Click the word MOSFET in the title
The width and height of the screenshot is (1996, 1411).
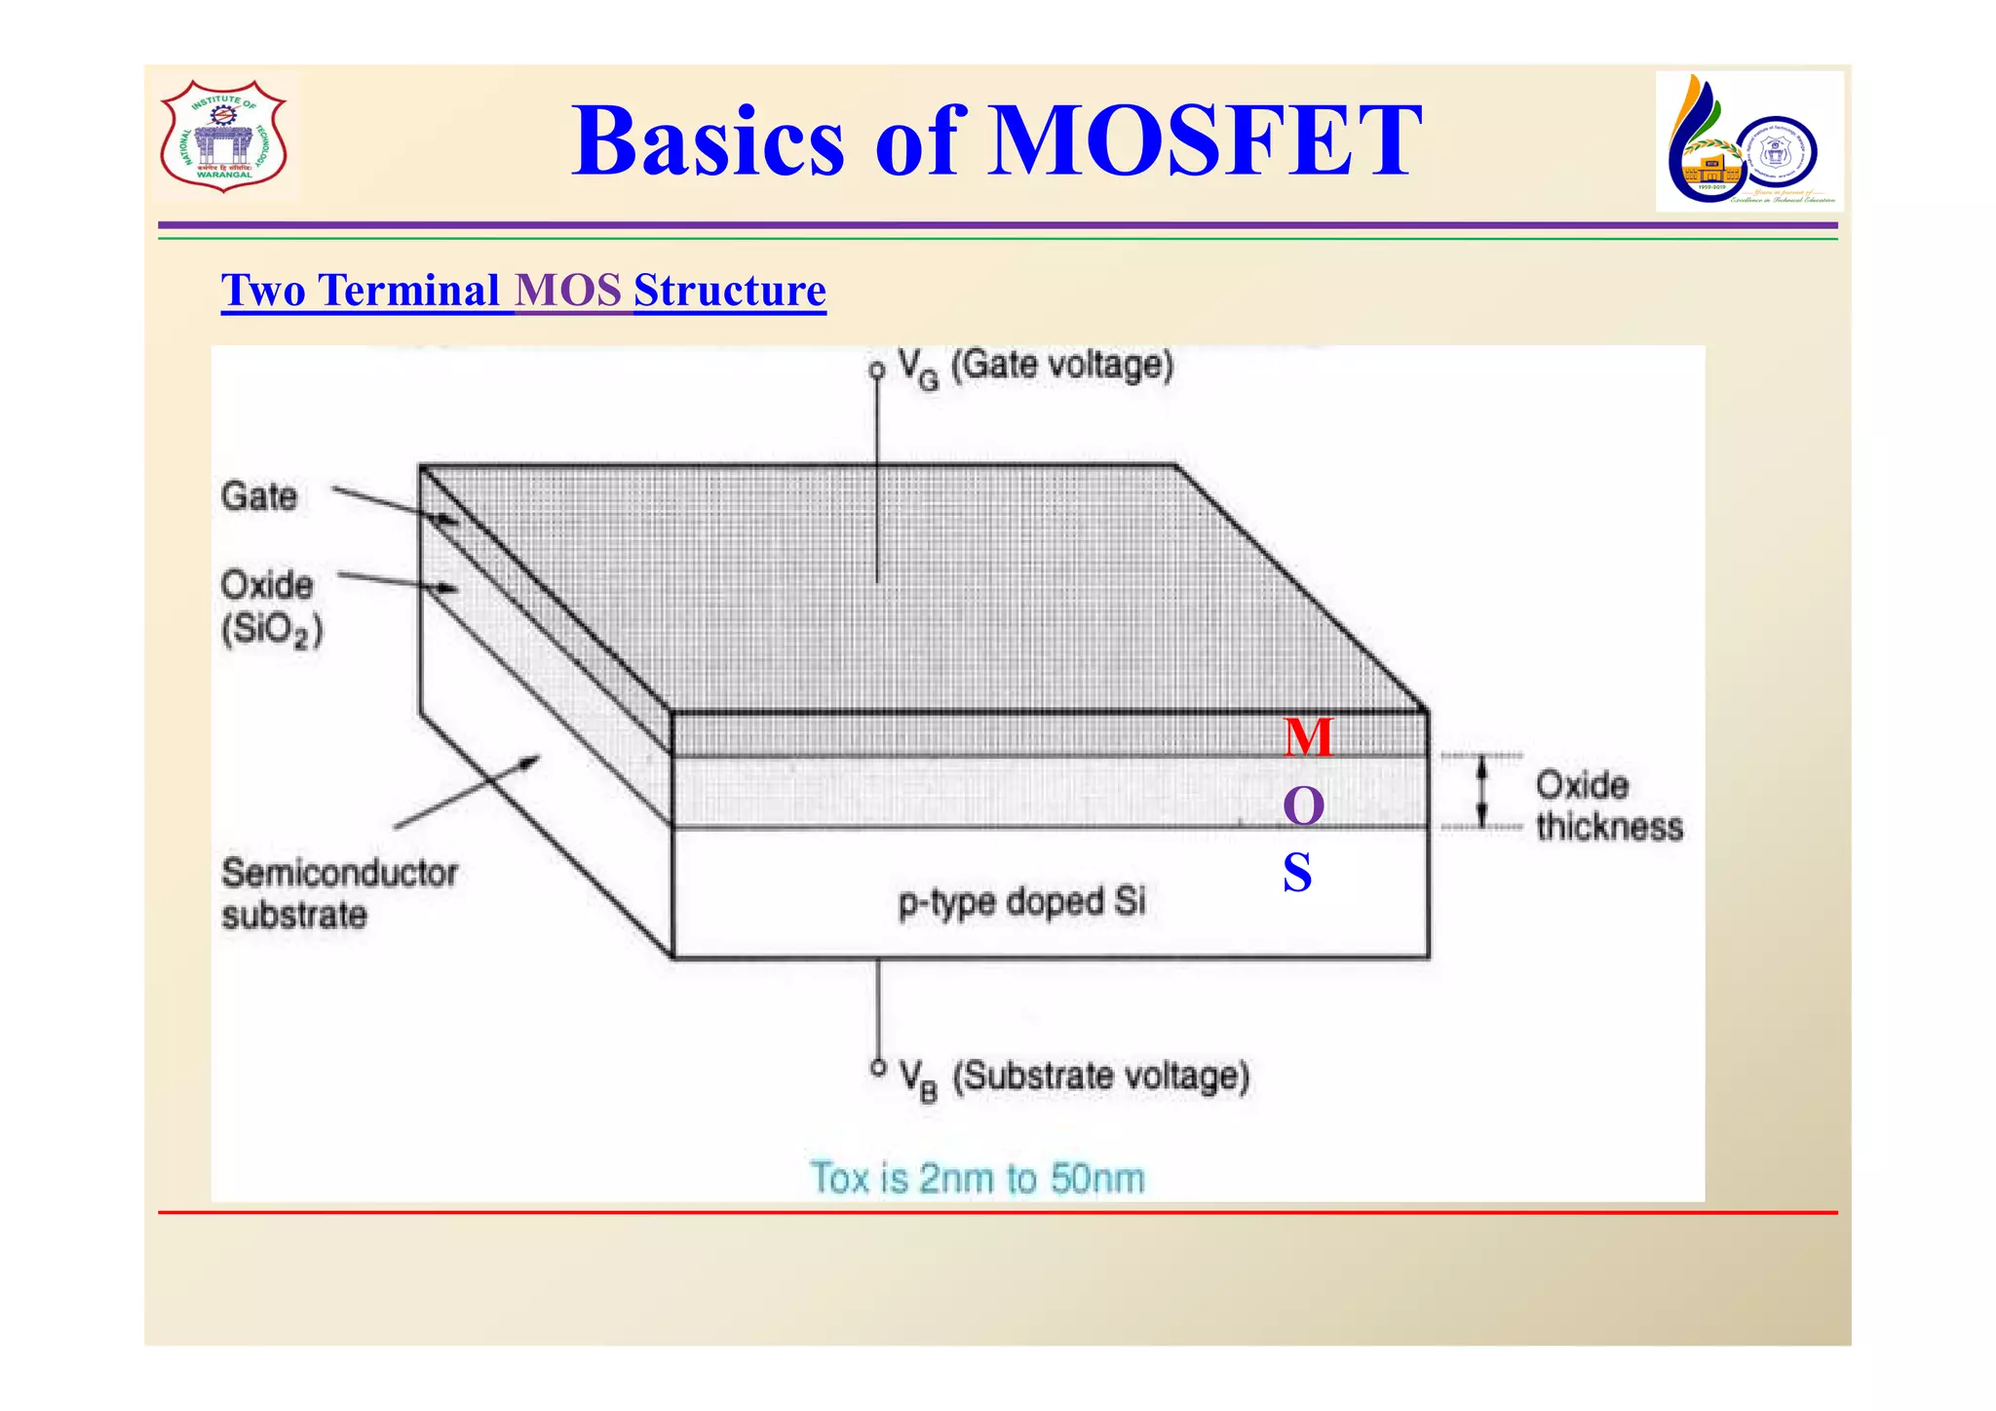coord(1205,142)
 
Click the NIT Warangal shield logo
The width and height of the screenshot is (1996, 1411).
coord(224,137)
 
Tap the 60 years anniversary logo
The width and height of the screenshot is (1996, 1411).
coord(1748,142)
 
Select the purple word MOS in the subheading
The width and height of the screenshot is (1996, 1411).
coord(569,291)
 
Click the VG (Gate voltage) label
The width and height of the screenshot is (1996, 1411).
coord(1035,368)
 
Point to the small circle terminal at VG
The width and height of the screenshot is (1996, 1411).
coord(877,371)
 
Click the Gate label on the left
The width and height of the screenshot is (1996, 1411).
coord(259,496)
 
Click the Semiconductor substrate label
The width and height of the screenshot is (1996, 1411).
coord(338,893)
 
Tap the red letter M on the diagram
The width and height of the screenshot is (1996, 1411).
coord(1307,737)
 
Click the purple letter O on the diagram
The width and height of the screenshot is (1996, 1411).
coord(1303,806)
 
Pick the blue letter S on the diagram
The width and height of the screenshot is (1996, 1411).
coord(1297,873)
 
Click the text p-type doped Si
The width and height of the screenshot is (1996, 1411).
coord(1020,902)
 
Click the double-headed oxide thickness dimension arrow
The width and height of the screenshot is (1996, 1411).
coord(1482,793)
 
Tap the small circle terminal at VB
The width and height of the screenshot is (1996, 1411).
coord(878,1068)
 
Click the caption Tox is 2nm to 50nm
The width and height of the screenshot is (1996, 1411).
coord(978,1178)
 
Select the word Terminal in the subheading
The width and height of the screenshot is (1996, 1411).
coord(409,291)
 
